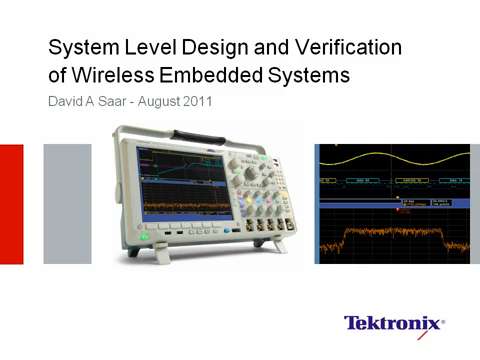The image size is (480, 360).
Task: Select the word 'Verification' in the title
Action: (x=349, y=46)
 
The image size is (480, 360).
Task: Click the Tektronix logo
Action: (x=394, y=323)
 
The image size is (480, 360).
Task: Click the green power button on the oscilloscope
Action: (x=145, y=237)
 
